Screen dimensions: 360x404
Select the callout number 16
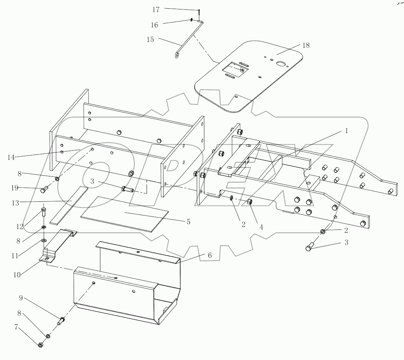click(x=154, y=25)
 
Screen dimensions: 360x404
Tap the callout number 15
click(x=150, y=39)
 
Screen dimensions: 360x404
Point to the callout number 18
click(x=306, y=45)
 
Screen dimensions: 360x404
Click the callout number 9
click(x=21, y=298)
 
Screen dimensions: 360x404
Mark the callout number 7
click(x=16, y=327)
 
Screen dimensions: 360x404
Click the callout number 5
click(x=188, y=222)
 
